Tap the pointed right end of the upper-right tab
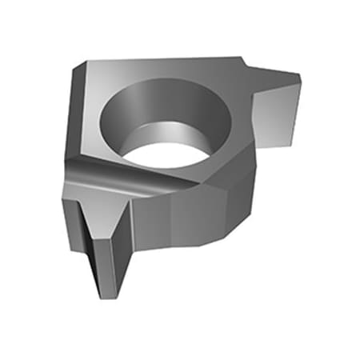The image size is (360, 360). [300, 78]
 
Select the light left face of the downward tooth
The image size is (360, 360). [90, 240]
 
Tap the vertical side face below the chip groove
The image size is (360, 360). [152, 216]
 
